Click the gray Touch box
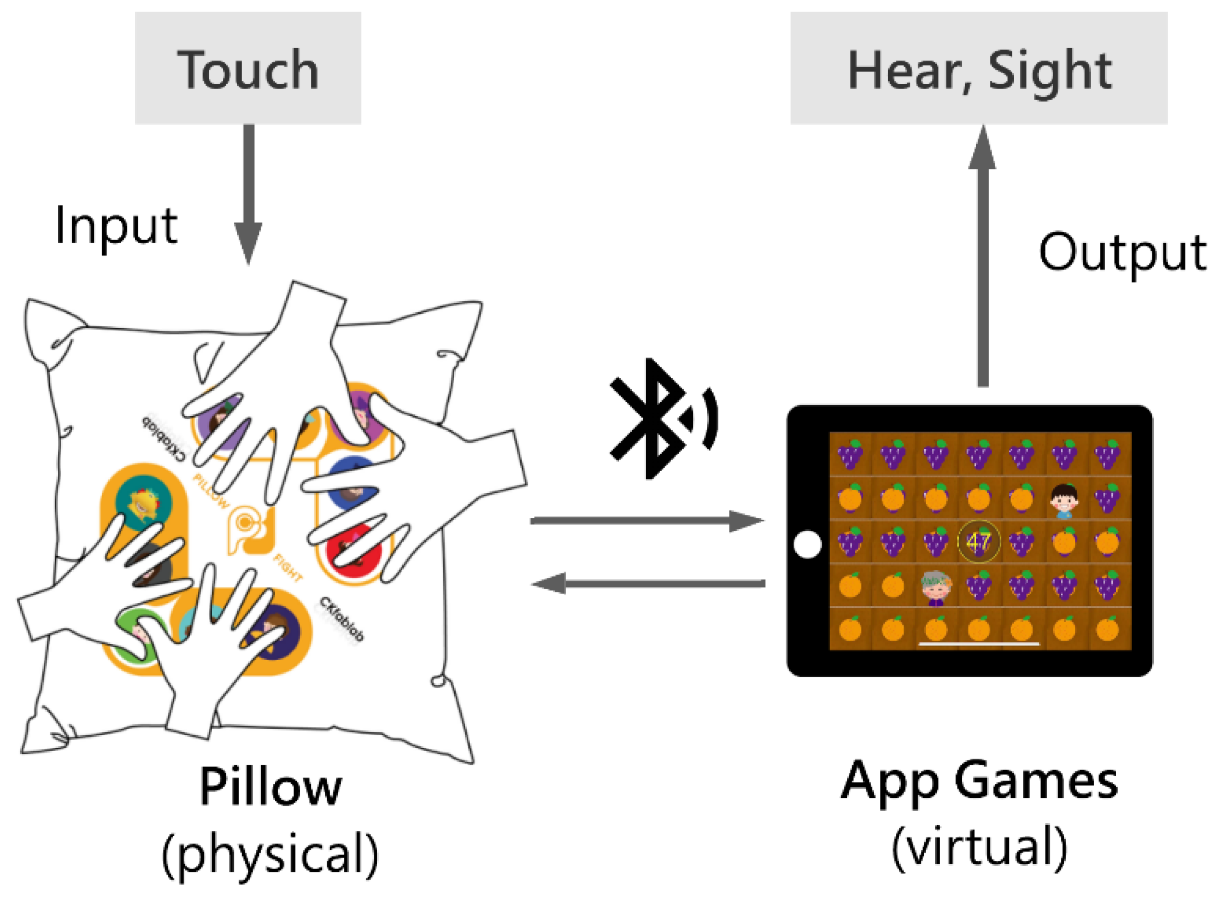248,68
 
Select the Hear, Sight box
979,68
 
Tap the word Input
116,225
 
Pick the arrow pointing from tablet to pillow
648,583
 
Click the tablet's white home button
807,544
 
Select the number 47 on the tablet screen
978,542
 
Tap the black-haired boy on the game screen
1064,500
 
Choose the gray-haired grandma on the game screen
936,588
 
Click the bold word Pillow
271,787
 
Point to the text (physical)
270,853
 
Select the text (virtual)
979,847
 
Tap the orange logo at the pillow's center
249,527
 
